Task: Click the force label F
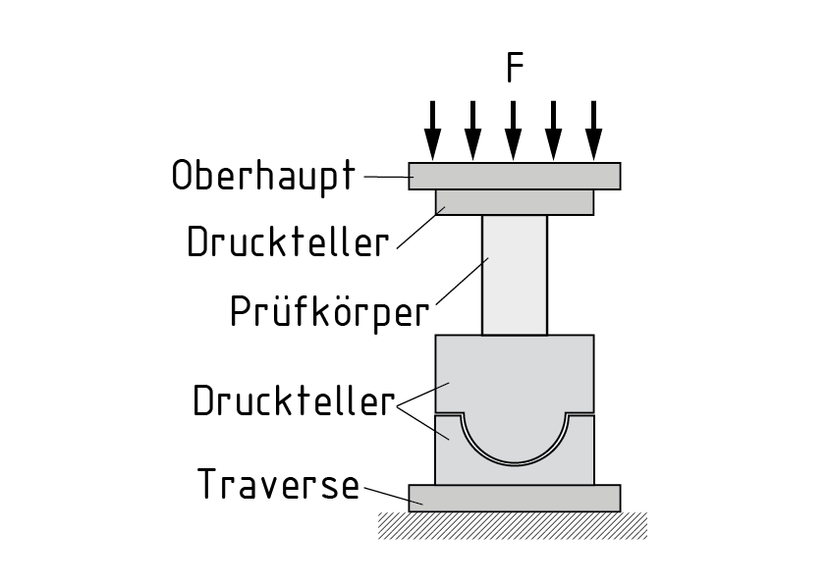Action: click(514, 68)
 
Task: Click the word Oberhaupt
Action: click(262, 176)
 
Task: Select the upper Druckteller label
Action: click(289, 242)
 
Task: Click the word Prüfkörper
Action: click(330, 311)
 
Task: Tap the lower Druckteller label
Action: click(293, 401)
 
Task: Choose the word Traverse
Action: click(279, 485)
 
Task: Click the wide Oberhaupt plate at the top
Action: click(514, 176)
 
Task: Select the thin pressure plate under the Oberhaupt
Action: click(514, 202)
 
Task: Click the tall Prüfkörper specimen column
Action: click(515, 275)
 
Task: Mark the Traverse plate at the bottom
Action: click(514, 498)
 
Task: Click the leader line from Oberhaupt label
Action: click(387, 177)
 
